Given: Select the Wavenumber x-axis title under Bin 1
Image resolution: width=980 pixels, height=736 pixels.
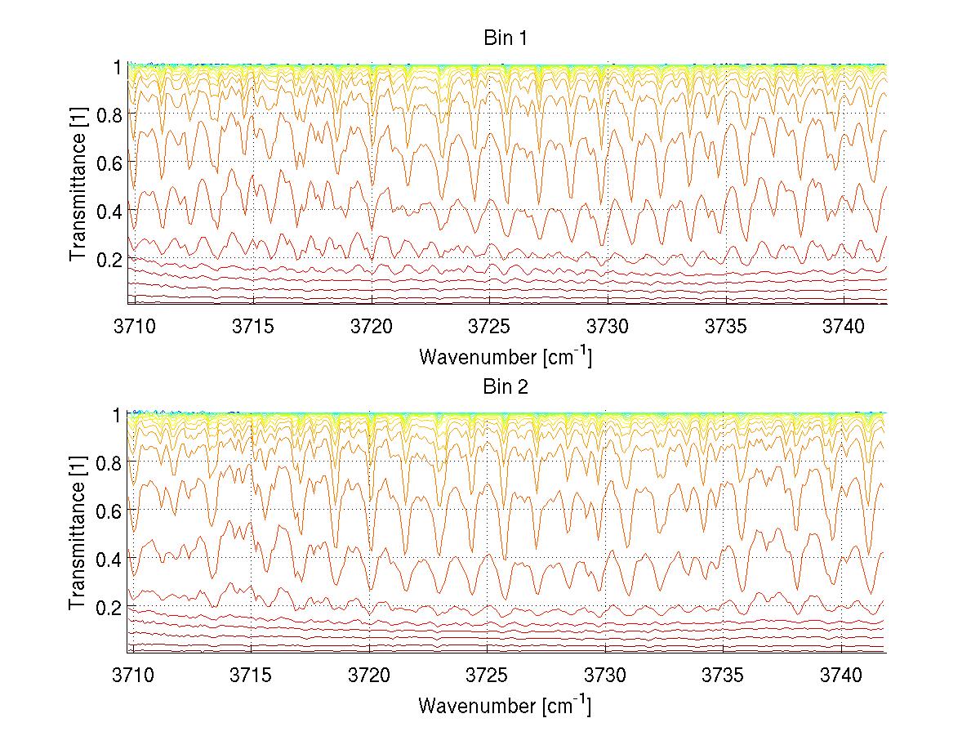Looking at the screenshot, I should pyautogui.click(x=505, y=356).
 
